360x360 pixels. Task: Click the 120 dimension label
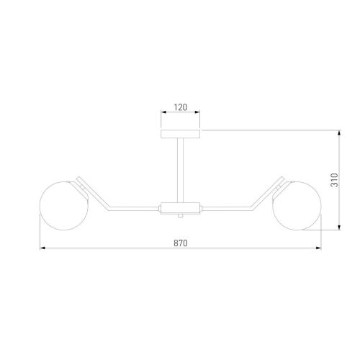(181, 107)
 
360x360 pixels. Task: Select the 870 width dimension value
(181, 243)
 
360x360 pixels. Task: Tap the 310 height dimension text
(334, 180)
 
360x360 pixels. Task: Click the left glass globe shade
(64, 206)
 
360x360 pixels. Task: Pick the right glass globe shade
(297, 206)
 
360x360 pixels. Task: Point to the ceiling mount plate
(180, 134)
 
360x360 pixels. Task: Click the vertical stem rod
(180, 171)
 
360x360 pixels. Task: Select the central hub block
(180, 208)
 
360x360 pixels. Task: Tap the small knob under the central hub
(180, 216)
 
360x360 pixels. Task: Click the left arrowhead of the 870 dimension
(42, 248)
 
